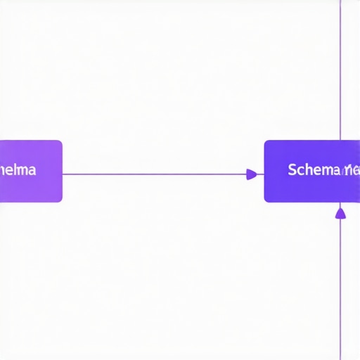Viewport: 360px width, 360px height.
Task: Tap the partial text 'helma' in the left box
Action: (x=19, y=170)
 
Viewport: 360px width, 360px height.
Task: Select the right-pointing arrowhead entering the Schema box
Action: (x=252, y=174)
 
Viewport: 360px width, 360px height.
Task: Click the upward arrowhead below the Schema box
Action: (x=340, y=212)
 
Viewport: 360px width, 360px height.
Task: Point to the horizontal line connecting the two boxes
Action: (x=155, y=174)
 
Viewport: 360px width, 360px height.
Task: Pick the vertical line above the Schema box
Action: (x=340, y=70)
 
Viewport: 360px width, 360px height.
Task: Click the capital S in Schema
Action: (x=292, y=170)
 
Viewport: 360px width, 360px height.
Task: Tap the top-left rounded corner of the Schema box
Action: (x=266, y=143)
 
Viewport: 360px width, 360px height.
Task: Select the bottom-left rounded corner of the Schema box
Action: (x=266, y=200)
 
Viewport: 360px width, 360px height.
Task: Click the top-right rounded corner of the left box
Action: (x=60, y=143)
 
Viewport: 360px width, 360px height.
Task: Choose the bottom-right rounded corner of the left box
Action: (x=60, y=200)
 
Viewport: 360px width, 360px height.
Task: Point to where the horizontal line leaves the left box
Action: (x=63, y=174)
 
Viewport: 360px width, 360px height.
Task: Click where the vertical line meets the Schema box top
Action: (x=340, y=141)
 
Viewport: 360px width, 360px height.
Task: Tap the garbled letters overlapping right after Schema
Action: (x=350, y=171)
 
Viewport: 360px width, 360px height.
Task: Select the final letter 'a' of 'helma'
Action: (x=32, y=171)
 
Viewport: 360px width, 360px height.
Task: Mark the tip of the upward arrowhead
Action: (x=340, y=207)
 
